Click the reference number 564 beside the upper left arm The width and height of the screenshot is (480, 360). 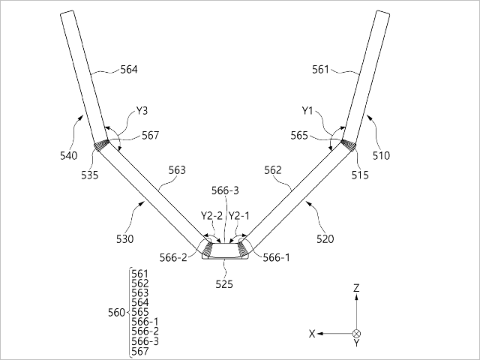point(129,70)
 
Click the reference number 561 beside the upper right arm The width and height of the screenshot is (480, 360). point(320,70)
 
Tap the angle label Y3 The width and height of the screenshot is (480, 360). point(142,110)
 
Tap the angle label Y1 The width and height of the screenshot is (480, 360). point(307,110)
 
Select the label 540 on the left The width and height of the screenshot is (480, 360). point(69,156)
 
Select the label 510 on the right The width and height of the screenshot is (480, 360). point(382,156)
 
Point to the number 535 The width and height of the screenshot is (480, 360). point(90,175)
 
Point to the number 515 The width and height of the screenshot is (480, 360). point(360,175)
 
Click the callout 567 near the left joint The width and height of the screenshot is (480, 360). point(150,135)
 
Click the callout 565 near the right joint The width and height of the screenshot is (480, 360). point(299,135)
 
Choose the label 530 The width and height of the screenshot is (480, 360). point(125,238)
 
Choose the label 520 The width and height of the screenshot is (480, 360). point(325,238)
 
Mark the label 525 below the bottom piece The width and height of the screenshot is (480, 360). point(224,284)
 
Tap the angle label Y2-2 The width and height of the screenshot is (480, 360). point(211,216)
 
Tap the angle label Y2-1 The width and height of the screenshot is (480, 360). point(239,216)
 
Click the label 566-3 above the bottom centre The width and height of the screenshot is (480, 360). point(225,190)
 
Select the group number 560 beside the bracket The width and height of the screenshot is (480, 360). point(117,313)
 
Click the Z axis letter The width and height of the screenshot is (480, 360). point(356,288)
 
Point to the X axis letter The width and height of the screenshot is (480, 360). point(312,334)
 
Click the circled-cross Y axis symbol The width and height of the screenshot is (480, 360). point(357,334)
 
